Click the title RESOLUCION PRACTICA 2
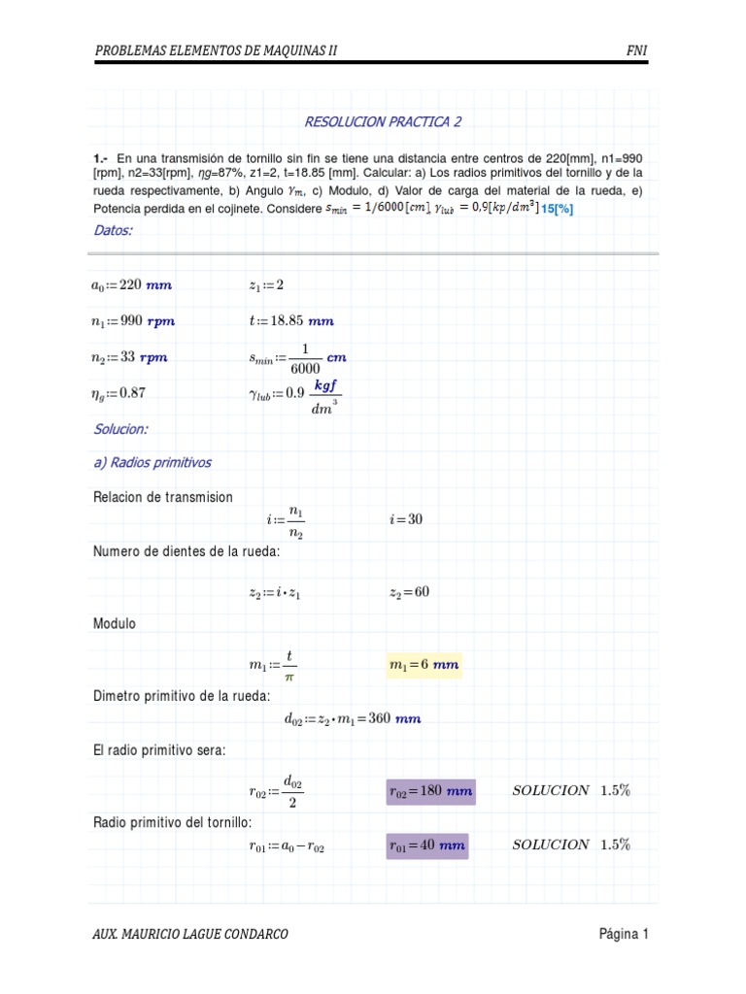[384, 121]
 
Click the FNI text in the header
[638, 50]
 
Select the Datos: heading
[113, 230]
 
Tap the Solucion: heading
[120, 428]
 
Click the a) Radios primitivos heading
[153, 462]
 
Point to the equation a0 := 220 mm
[132, 284]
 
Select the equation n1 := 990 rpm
[134, 320]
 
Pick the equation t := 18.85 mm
[291, 320]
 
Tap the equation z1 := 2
[266, 284]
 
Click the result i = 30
[406, 519]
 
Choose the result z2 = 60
[409, 591]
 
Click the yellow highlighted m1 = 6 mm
[424, 665]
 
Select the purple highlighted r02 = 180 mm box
[430, 791]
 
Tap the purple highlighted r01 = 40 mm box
[427, 845]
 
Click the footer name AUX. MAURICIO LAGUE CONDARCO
[190, 935]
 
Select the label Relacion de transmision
[163, 497]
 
